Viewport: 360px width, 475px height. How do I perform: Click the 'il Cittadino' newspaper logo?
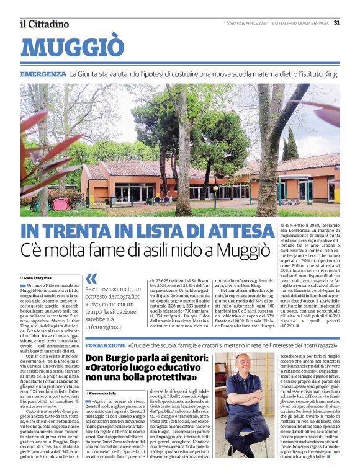coord(44,24)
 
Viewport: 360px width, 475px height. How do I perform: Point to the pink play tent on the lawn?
coord(60,204)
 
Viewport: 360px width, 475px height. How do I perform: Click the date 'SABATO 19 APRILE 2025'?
coord(251,23)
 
